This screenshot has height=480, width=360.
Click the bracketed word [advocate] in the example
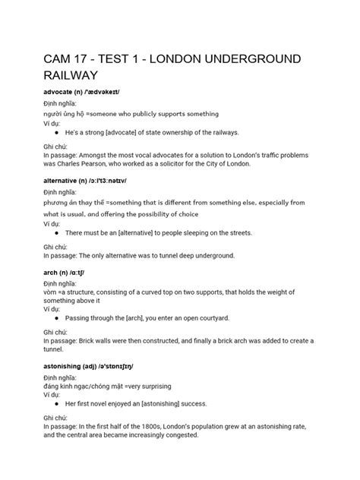(x=126, y=134)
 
